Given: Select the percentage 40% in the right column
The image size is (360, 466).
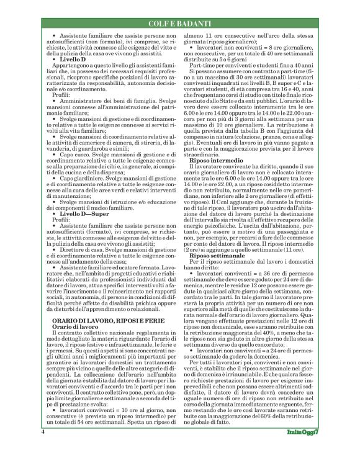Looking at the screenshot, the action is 271,353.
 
